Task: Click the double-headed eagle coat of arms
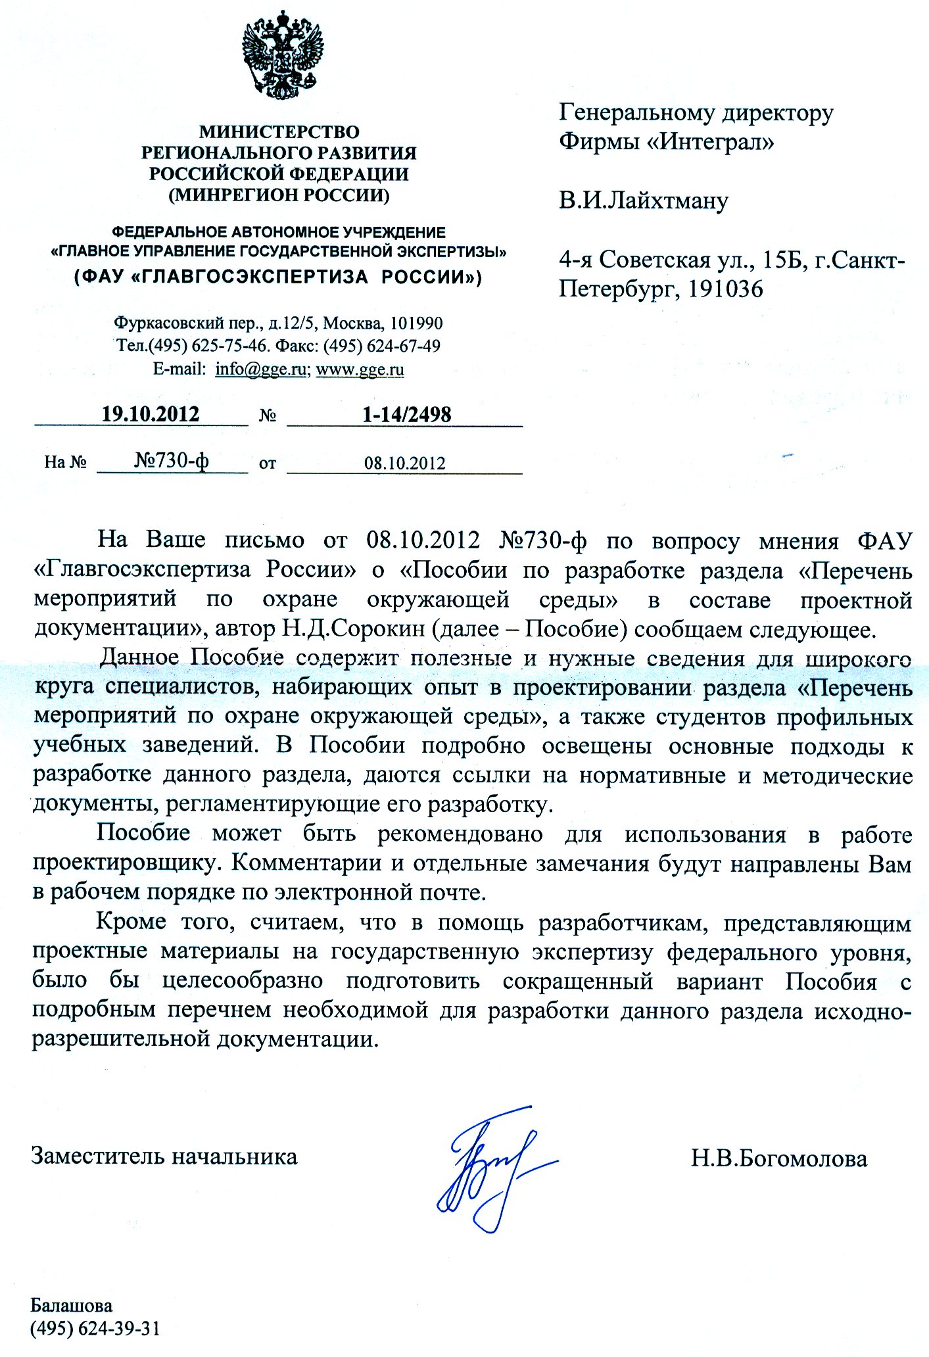tap(284, 56)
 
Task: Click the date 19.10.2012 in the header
tap(150, 414)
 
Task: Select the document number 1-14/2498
tap(406, 414)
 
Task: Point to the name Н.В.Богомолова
tap(778, 1158)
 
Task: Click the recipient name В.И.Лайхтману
tap(643, 200)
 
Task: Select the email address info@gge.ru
tap(260, 369)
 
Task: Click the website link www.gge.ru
tap(360, 369)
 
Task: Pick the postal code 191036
tap(725, 289)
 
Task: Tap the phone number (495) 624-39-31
tap(95, 1329)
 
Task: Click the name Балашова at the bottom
tap(72, 1305)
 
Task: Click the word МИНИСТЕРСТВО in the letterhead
tap(279, 132)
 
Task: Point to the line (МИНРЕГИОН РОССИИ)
tap(279, 195)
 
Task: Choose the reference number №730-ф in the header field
tap(172, 461)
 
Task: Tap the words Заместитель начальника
tap(164, 1156)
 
